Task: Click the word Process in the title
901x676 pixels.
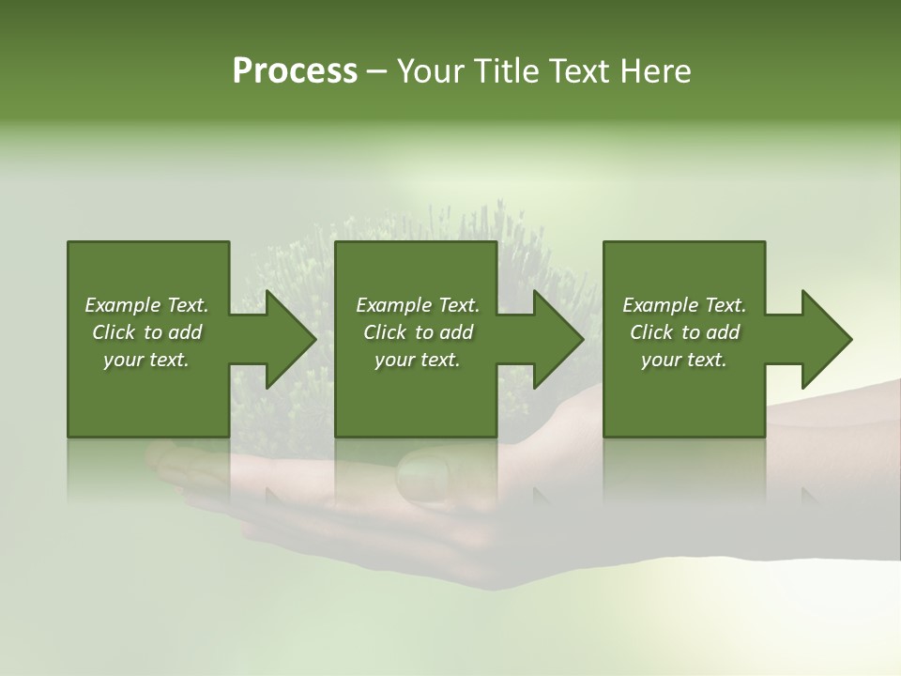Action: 295,71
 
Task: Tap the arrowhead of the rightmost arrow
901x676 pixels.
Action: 826,339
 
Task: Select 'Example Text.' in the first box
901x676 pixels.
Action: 146,305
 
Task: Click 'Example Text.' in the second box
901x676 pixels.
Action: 417,305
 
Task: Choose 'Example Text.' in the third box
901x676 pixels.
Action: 684,305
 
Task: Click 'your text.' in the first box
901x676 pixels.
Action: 146,360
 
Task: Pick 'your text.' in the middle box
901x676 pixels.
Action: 417,360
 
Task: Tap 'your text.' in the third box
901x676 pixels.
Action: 684,360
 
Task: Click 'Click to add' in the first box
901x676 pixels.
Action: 146,332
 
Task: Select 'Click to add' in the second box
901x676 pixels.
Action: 417,332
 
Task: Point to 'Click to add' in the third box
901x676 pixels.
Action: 684,332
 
